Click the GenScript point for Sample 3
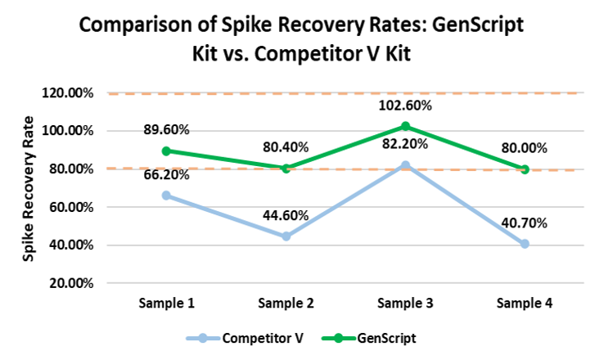[x=405, y=126]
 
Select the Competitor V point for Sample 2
[x=286, y=236]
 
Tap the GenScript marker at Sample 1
[x=167, y=151]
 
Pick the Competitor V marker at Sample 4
[x=525, y=244]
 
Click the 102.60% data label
[x=405, y=106]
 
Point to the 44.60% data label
[x=286, y=216]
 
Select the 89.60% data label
[x=166, y=129]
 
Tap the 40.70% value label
[x=525, y=223]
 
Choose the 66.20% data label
[x=166, y=174]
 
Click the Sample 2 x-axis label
[x=286, y=304]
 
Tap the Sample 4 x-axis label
[x=525, y=304]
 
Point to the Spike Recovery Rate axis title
[x=29, y=188]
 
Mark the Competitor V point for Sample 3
[x=405, y=165]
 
